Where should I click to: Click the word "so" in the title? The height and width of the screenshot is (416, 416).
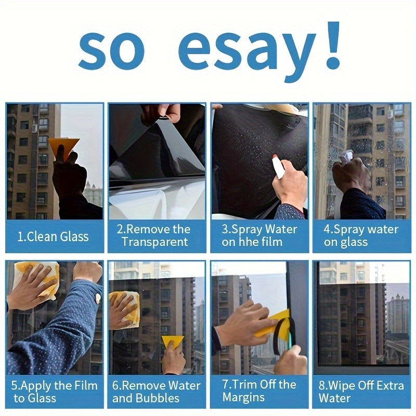pos(111,49)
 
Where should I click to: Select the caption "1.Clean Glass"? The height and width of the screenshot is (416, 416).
pos(53,237)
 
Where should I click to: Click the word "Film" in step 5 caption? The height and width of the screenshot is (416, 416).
pos(86,386)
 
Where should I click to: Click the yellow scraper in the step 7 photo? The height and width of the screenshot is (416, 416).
pos(278,322)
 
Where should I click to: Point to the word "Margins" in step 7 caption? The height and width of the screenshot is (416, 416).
pos(243,397)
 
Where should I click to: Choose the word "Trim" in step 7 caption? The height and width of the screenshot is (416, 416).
pos(244,385)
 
